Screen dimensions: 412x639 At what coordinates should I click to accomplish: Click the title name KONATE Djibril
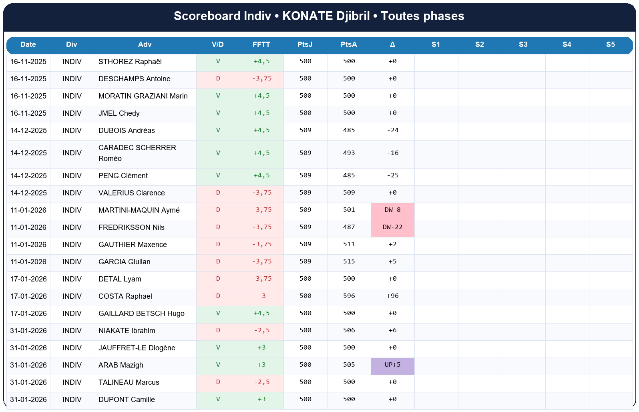click(x=326, y=16)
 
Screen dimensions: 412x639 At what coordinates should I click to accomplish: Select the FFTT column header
click(x=261, y=44)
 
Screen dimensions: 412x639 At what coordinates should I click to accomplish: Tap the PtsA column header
click(x=349, y=44)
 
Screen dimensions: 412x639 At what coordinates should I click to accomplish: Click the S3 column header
click(x=523, y=44)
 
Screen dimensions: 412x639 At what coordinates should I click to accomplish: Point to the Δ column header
click(x=392, y=44)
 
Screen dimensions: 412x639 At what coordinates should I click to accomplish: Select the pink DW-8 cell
click(x=392, y=210)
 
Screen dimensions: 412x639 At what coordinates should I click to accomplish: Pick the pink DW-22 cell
click(x=392, y=227)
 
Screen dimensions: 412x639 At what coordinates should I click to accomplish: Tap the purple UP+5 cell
click(x=392, y=365)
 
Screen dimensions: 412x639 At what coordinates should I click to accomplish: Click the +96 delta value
click(x=392, y=296)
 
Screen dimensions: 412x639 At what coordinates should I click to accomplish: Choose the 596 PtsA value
click(x=349, y=296)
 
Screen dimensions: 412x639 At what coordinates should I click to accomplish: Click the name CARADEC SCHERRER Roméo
click(x=137, y=153)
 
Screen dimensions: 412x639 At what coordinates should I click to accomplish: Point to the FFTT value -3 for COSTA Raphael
click(x=261, y=296)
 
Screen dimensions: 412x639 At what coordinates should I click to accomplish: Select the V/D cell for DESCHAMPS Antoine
click(x=218, y=79)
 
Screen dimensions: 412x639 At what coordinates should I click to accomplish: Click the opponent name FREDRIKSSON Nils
click(x=131, y=227)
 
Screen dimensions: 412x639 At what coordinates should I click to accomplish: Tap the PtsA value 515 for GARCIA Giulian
click(x=349, y=262)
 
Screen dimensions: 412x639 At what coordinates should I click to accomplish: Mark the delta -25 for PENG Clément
click(x=392, y=176)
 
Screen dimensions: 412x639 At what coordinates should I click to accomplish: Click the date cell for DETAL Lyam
click(x=28, y=279)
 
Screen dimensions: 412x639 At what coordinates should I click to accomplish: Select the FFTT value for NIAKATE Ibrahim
click(x=261, y=331)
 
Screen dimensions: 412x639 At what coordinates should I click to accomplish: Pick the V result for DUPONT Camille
click(x=218, y=400)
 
